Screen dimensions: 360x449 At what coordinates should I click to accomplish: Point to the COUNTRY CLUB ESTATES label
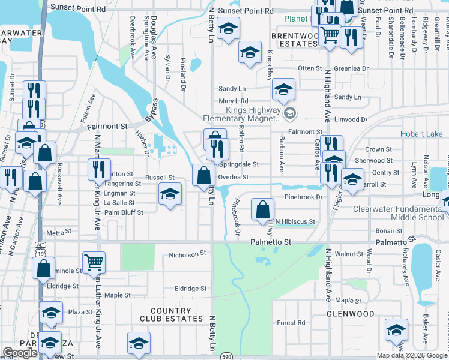click(172, 315)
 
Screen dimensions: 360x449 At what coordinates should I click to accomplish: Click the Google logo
click(20, 353)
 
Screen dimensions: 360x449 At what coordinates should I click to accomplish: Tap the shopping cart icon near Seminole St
click(94, 262)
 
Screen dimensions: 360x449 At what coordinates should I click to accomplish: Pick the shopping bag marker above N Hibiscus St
click(262, 209)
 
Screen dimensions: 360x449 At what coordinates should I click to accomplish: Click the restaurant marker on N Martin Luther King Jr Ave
click(100, 169)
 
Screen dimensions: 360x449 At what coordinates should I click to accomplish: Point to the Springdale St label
click(238, 164)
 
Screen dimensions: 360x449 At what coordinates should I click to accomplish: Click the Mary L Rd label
click(234, 101)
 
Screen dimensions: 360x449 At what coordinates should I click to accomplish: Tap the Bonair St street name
click(390, 231)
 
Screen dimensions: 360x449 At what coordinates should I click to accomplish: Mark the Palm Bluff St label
click(124, 212)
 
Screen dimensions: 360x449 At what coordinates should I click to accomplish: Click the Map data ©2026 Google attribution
click(411, 355)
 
